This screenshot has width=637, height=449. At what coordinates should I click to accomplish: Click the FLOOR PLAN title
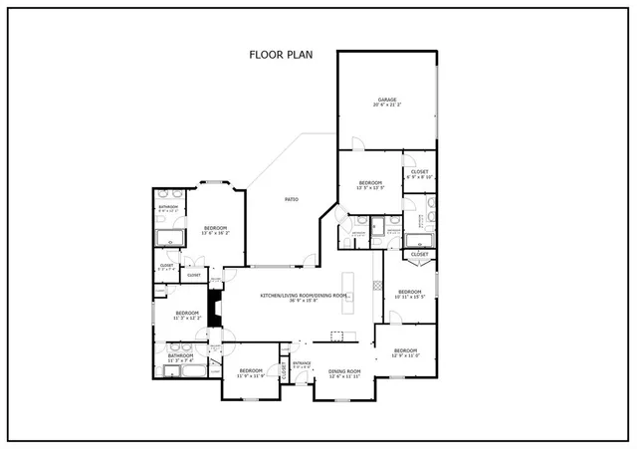pyautogui.click(x=281, y=55)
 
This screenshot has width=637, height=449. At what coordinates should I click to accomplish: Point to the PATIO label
pyautogui.click(x=292, y=200)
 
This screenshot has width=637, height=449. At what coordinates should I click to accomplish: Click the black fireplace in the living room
pyautogui.click(x=213, y=303)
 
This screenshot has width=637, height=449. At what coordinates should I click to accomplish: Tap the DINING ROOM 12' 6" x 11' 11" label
pyautogui.click(x=344, y=374)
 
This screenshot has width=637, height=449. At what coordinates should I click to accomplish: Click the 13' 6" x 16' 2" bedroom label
pyautogui.click(x=216, y=231)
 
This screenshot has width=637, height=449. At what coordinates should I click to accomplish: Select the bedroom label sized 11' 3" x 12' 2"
pyautogui.click(x=186, y=316)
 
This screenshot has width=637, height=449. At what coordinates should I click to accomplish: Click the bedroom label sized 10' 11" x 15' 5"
pyautogui.click(x=409, y=295)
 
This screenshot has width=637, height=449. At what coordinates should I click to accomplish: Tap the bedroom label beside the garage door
pyautogui.click(x=370, y=185)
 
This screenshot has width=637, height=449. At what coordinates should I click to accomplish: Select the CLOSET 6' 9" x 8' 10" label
pyautogui.click(x=419, y=175)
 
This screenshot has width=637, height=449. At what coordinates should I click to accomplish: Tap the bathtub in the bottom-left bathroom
pyautogui.click(x=187, y=372)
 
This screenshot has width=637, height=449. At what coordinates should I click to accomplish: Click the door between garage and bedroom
pyautogui.click(x=364, y=152)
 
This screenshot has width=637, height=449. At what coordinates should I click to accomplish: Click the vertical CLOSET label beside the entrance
pyautogui.click(x=284, y=372)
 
